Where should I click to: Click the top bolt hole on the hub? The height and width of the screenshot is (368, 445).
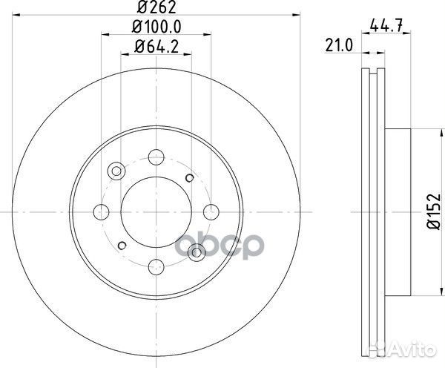tap(155, 157)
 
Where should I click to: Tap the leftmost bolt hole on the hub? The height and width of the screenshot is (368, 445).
tap(101, 211)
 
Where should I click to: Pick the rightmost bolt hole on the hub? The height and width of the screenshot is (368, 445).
tap(210, 211)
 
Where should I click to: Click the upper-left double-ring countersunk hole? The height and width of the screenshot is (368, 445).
tap(115, 171)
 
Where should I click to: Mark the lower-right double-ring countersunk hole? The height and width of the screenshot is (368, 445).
tap(196, 250)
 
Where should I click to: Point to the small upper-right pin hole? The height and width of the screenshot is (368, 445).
tap(191, 177)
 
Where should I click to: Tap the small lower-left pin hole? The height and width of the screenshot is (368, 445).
tap(119, 244)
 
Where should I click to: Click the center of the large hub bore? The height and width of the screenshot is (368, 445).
tap(155, 211)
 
